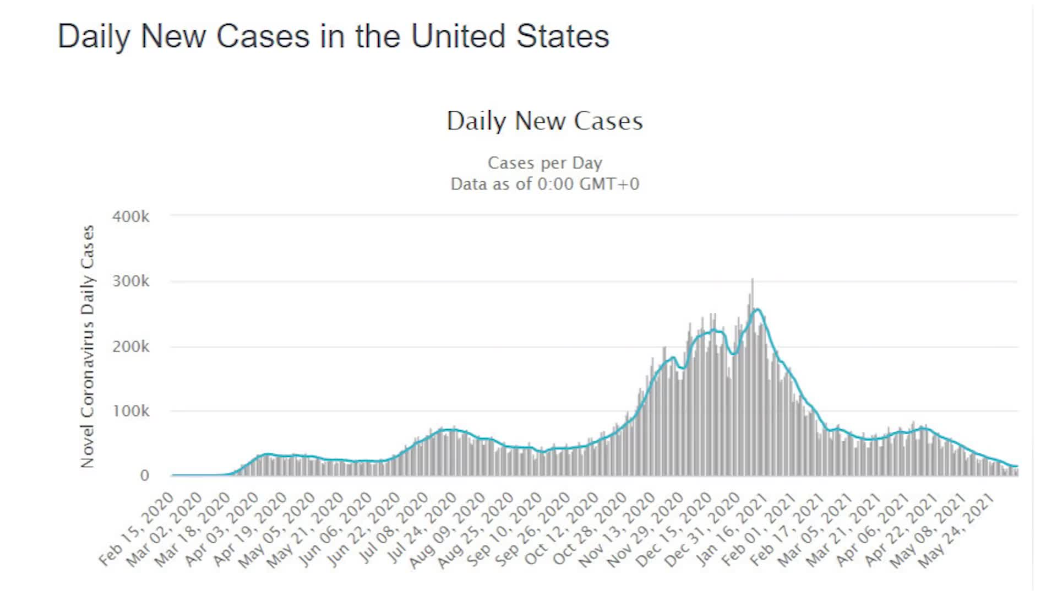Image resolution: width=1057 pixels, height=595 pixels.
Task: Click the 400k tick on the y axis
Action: tap(130, 217)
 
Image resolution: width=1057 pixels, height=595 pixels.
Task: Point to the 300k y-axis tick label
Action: tap(130, 282)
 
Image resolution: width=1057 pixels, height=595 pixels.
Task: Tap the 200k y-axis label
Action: tap(130, 347)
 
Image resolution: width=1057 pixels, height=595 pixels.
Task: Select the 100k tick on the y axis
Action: tap(130, 411)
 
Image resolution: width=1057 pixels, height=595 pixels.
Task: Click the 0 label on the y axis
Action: tap(144, 475)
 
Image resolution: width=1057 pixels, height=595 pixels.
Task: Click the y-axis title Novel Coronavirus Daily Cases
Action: tap(88, 347)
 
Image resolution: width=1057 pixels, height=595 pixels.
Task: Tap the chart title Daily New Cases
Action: tap(544, 121)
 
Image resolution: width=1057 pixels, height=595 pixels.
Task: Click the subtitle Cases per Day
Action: tap(544, 163)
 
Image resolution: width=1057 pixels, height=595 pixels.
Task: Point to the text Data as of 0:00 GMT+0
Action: tap(544, 184)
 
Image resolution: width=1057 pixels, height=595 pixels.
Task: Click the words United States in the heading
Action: tap(510, 36)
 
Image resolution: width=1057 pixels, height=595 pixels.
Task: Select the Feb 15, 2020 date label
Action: tap(138, 529)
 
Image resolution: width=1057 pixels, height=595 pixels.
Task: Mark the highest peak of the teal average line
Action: tap(758, 310)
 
